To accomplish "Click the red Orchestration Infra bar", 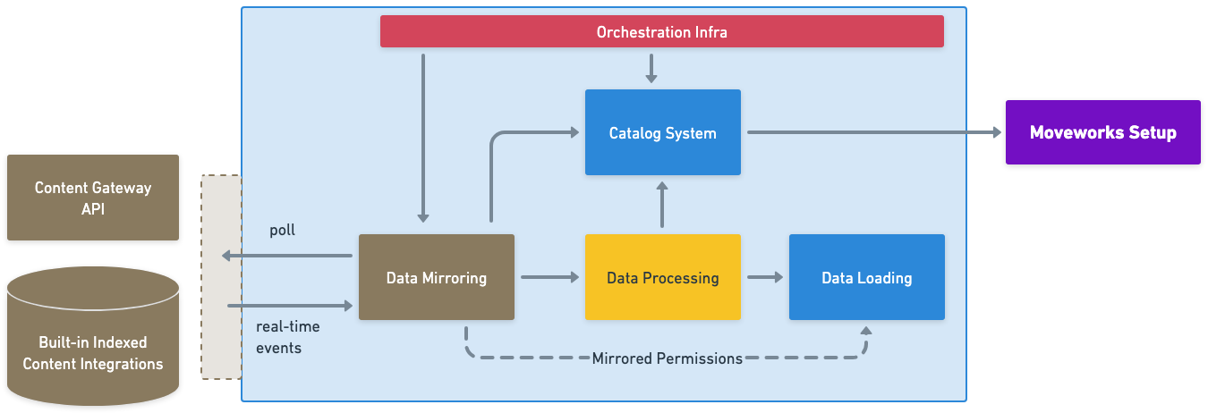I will pyautogui.click(x=661, y=32).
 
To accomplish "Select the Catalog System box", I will pyautogui.click(x=662, y=132).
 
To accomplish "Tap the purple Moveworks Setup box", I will pyautogui.click(x=1102, y=132).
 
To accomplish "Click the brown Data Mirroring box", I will pyautogui.click(x=436, y=277).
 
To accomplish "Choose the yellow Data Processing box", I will pyautogui.click(x=662, y=277).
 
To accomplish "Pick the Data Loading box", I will pyautogui.click(x=866, y=277).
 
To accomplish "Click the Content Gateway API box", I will pyautogui.click(x=92, y=198).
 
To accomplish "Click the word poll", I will pyautogui.click(x=282, y=231).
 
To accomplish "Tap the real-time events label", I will pyautogui.click(x=287, y=337).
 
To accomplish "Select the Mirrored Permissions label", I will pyautogui.click(x=667, y=358).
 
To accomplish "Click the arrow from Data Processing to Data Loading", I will pyautogui.click(x=764, y=277).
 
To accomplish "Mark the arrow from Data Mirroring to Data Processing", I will pyautogui.click(x=549, y=277).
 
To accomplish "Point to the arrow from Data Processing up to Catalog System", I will pyautogui.click(x=662, y=205).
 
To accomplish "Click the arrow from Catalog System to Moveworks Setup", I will pyautogui.click(x=872, y=132).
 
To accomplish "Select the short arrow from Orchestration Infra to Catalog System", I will pyautogui.click(x=651, y=68).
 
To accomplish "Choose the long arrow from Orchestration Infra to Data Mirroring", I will pyautogui.click(x=423, y=134).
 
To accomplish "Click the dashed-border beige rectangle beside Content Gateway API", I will pyautogui.click(x=221, y=276).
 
